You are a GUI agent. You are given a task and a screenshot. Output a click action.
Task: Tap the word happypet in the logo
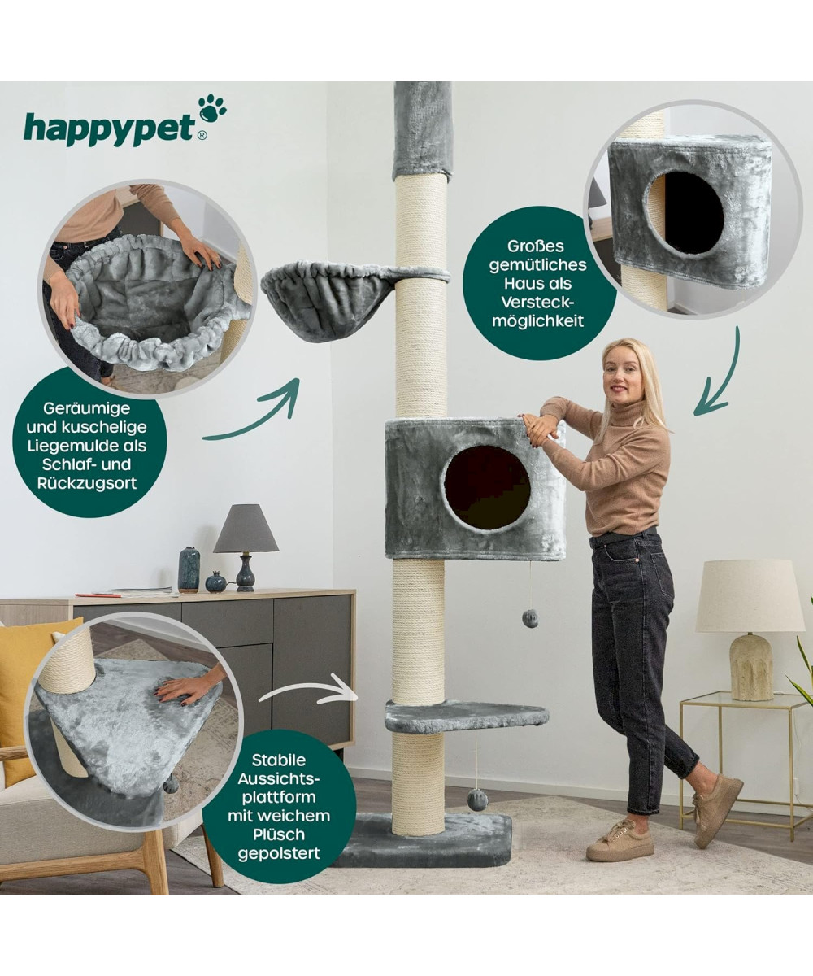click(109, 129)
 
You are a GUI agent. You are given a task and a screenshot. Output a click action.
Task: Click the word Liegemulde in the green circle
click(87, 446)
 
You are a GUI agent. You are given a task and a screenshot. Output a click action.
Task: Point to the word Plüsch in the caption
click(279, 834)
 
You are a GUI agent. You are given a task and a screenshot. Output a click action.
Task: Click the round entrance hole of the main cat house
click(487, 487)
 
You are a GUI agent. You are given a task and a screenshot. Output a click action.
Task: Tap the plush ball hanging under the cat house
click(530, 618)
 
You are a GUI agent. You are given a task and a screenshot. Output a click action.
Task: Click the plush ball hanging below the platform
click(477, 800)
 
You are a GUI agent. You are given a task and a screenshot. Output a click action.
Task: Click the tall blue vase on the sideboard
click(189, 569)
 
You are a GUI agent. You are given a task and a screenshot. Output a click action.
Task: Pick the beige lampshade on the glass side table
click(750, 595)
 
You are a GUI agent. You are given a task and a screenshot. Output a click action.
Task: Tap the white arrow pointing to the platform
click(309, 693)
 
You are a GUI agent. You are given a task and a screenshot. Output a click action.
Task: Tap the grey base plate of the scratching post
click(424, 840)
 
